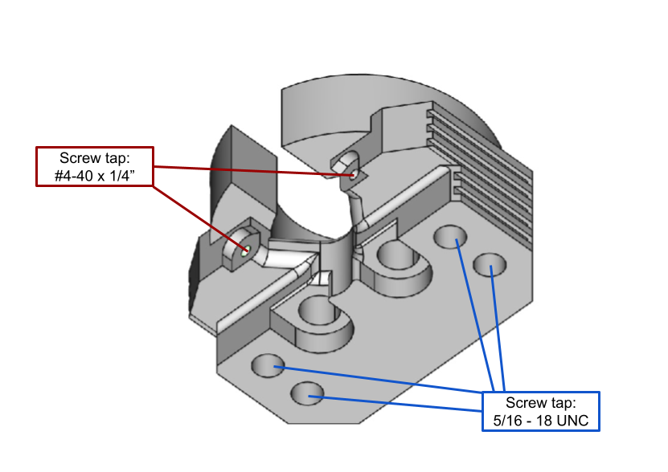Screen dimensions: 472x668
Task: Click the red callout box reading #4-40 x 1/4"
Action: coord(95,166)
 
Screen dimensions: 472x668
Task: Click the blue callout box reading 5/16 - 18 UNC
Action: coord(540,411)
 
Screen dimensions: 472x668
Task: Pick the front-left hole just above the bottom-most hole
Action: coord(268,366)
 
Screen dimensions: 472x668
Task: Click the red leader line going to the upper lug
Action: coord(249,170)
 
